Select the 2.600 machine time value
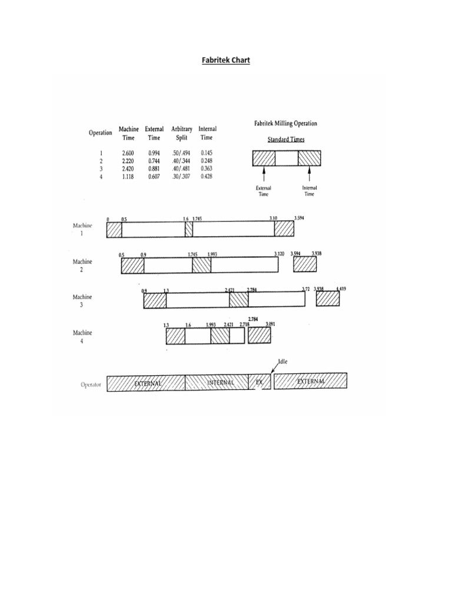pos(128,153)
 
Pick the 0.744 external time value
pos(154,161)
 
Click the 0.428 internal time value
pos(207,176)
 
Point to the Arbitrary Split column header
pos(181,133)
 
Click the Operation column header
pos(101,132)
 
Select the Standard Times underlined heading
pos(285,139)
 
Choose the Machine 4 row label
pos(82,336)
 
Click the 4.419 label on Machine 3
pos(341,289)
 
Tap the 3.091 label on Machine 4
pos(271,324)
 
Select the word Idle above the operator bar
pos(284,363)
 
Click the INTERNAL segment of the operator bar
pos(221,383)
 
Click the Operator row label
pos(91,384)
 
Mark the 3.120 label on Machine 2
pos(280,254)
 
